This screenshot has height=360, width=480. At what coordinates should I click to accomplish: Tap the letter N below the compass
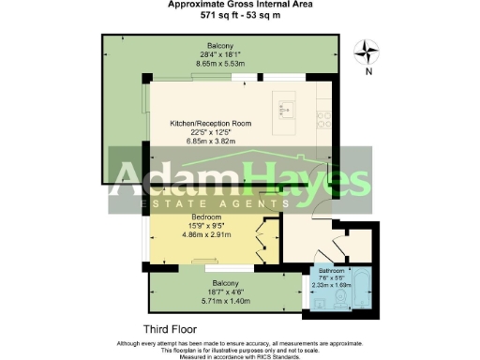[369, 72]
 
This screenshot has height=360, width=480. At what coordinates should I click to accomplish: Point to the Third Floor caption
[169, 329]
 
